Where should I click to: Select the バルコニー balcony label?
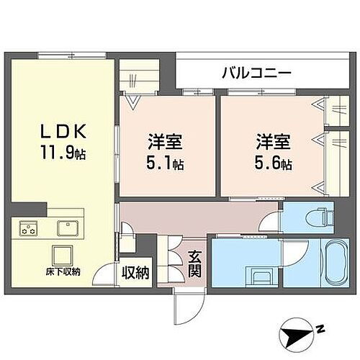pyautogui.click(x=256, y=73)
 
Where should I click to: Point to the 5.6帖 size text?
pyautogui.click(x=274, y=164)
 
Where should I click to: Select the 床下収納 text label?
pyautogui.click(x=61, y=271)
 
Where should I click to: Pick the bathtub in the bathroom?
pyautogui.click(x=333, y=265)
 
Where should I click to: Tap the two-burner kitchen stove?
pyautogui.click(x=30, y=230)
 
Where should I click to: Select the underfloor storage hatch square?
pyautogui.click(x=61, y=256)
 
